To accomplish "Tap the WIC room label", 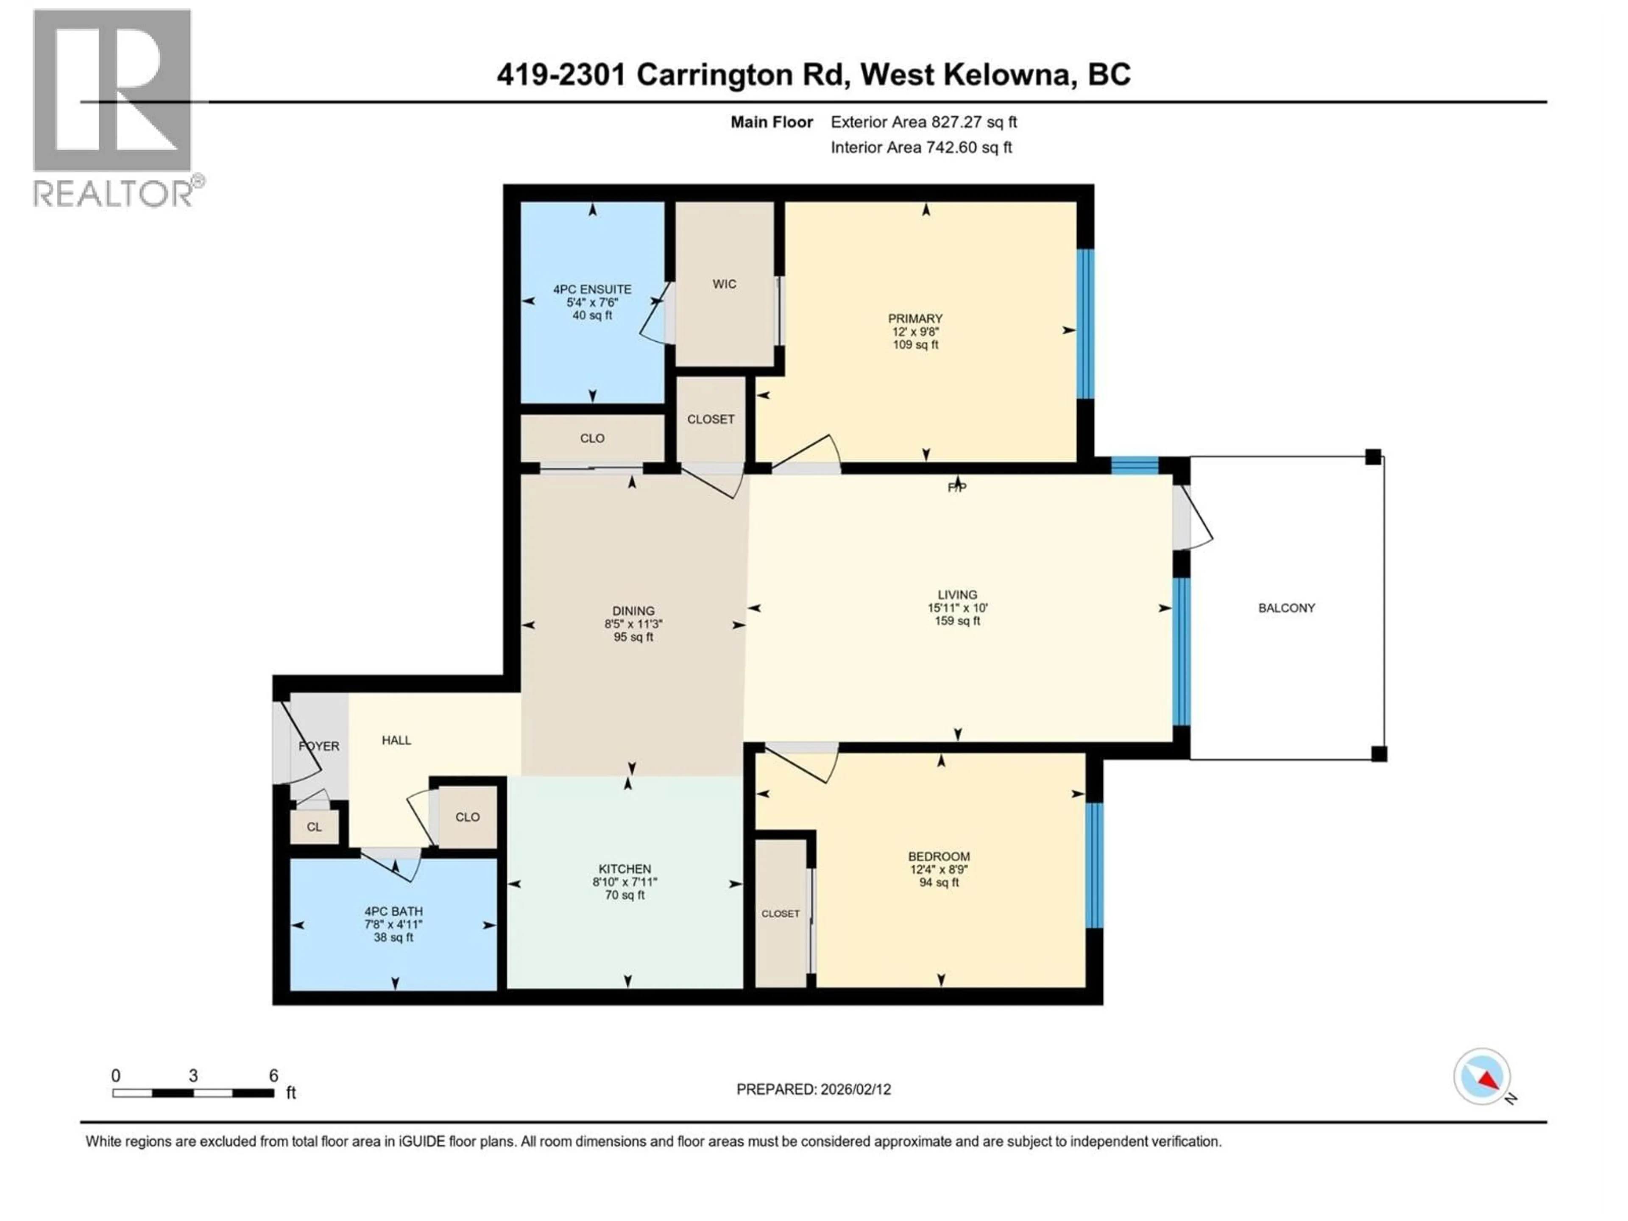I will click(724, 284).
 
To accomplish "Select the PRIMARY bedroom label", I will click(915, 319).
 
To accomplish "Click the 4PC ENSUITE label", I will click(592, 289).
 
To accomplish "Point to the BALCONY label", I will click(1286, 608).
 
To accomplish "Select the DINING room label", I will click(633, 611).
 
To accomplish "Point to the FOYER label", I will click(319, 746).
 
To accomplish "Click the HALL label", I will click(396, 740).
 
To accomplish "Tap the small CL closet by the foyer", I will click(314, 827).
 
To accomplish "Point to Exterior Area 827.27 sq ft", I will click(924, 122).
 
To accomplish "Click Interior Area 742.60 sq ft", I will click(921, 147).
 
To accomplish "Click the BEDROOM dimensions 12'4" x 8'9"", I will click(938, 869).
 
